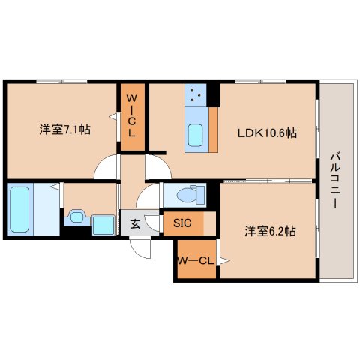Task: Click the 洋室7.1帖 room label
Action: pyautogui.click(x=64, y=130)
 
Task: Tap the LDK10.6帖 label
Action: pyautogui.click(x=267, y=133)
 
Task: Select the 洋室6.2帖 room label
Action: pyautogui.click(x=270, y=231)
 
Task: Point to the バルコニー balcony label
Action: pyautogui.click(x=335, y=181)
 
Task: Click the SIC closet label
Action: pyautogui.click(x=182, y=223)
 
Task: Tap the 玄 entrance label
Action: pyautogui.click(x=135, y=223)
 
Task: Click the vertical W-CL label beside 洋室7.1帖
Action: pyautogui.click(x=132, y=115)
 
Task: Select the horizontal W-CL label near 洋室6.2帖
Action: pyautogui.click(x=196, y=261)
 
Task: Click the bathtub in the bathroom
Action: pyautogui.click(x=19, y=209)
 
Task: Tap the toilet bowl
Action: pyautogui.click(x=190, y=195)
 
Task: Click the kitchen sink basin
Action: pyautogui.click(x=195, y=135)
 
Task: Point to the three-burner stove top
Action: pyautogui.click(x=196, y=94)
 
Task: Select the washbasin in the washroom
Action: pyautogui.click(x=76, y=217)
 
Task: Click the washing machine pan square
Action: pyautogui.click(x=103, y=226)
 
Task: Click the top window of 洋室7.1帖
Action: pyautogui.click(x=61, y=82)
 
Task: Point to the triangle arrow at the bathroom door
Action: pyautogui.click(x=55, y=187)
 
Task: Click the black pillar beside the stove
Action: pyautogui.click(x=213, y=95)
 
